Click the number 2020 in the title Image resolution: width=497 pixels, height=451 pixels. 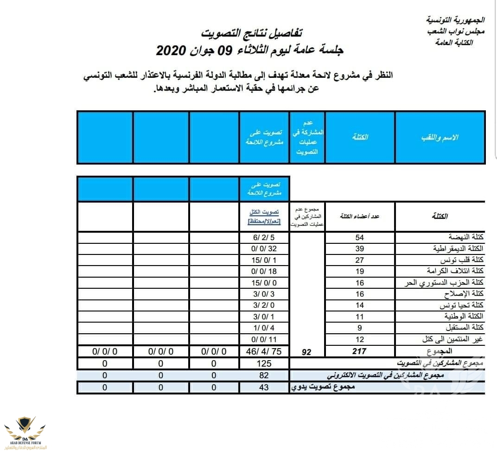coord(171,50)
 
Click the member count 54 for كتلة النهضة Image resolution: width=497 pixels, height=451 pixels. coord(359,237)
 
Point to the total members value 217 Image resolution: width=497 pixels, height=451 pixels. coord(359,351)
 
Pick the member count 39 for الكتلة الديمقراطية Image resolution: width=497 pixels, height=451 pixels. coord(359,248)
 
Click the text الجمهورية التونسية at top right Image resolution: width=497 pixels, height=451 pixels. coord(455,20)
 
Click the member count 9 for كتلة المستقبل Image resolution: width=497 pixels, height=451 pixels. coord(359,328)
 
